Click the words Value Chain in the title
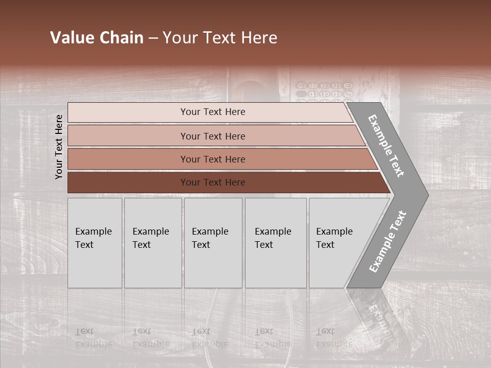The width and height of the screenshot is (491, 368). (x=97, y=38)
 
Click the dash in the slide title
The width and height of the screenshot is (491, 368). (x=153, y=38)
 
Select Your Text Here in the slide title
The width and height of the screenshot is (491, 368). (x=220, y=38)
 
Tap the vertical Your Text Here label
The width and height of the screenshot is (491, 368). (x=59, y=147)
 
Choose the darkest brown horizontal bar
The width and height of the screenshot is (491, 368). (x=128, y=182)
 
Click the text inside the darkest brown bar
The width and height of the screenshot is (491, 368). (x=213, y=182)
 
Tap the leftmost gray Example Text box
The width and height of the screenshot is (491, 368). (x=95, y=243)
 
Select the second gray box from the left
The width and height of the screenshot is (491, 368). (x=152, y=243)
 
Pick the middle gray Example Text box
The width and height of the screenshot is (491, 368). (x=213, y=243)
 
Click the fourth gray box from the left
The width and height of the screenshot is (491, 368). (x=276, y=243)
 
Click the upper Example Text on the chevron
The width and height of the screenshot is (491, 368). (x=387, y=146)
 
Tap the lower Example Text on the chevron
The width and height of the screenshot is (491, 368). (x=388, y=242)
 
